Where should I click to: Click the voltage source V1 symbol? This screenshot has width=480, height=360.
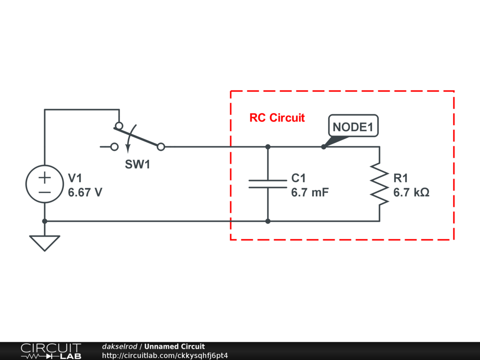[x=45, y=184]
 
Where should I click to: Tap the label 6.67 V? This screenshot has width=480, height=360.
[x=85, y=193]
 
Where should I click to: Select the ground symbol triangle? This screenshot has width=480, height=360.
[x=45, y=242]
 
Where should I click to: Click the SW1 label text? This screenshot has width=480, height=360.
[x=137, y=165]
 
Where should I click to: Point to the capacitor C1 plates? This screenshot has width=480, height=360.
[x=267, y=183]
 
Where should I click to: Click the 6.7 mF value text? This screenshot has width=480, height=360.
[x=310, y=193]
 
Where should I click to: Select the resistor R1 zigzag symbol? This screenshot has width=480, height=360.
[x=379, y=184]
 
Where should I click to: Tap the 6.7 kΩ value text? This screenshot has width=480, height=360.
[x=411, y=193]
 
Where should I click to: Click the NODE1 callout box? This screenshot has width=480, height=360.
[x=353, y=127]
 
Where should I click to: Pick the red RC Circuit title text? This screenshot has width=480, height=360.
[x=277, y=118]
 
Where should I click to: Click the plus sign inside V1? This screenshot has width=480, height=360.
[x=45, y=178]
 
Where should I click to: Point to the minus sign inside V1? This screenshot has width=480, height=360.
[x=45, y=192]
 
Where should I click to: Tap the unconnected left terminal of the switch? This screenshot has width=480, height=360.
[x=114, y=147]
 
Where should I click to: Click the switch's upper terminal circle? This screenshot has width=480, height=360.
[x=119, y=126]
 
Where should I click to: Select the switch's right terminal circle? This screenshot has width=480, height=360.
[x=161, y=147]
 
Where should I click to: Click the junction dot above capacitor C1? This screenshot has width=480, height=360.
[x=268, y=147]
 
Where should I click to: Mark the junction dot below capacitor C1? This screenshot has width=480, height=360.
[x=268, y=221]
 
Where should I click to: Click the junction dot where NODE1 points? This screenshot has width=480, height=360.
[x=323, y=147]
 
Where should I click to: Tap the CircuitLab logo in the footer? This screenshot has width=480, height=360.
[x=50, y=351]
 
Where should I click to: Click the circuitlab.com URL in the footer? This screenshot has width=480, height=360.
[x=165, y=355]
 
